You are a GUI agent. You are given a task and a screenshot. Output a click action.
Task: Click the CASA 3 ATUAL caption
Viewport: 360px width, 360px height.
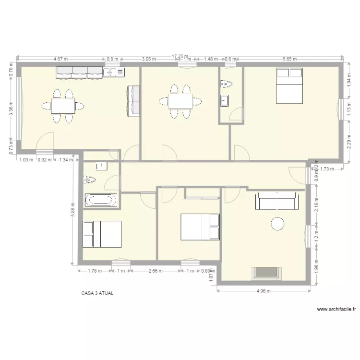pos(97,293)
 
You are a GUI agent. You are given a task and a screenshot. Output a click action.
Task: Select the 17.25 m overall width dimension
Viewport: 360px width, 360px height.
pos(180,56)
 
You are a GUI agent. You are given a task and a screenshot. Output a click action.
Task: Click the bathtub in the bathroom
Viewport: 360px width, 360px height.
pos(100,200)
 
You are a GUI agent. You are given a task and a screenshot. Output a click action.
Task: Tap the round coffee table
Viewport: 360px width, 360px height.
pos(278,224)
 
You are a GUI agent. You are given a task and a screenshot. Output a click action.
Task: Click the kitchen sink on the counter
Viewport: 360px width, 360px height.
pos(113,72)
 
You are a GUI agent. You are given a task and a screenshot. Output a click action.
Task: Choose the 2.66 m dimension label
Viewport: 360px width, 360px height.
pos(156,271)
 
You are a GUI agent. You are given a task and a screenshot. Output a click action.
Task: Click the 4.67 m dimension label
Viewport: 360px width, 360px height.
pos(60,59)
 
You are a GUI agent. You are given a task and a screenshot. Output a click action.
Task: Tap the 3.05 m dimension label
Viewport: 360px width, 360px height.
pos(149,59)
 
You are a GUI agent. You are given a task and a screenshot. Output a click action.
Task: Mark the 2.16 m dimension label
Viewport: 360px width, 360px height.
pos(317,210)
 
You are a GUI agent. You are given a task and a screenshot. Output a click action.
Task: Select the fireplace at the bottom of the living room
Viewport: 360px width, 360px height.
pos(265,273)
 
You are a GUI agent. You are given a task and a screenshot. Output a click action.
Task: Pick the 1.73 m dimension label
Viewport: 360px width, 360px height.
pos(327,168)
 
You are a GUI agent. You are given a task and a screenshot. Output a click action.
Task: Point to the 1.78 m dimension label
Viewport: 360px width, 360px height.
pos(95,271)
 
